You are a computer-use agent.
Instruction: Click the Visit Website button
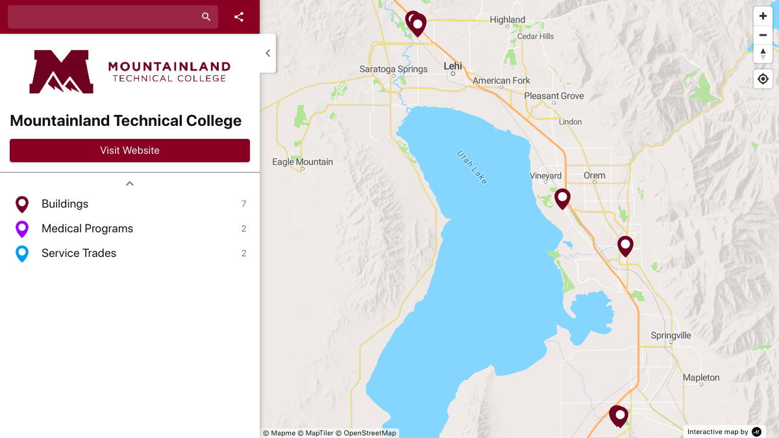tap(130, 151)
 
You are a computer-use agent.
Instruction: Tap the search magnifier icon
tap(206, 17)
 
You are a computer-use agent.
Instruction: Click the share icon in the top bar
tap(239, 17)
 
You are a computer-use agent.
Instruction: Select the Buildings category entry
tap(65, 204)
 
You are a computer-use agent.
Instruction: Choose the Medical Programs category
tap(87, 228)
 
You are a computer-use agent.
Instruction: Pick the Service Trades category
tap(79, 253)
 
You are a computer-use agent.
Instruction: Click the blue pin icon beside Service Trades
tap(22, 253)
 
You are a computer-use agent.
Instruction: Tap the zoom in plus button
tap(763, 16)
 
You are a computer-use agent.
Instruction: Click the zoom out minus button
tap(763, 35)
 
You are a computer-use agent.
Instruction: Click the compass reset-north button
tap(763, 54)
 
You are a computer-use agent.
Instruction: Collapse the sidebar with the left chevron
tap(268, 53)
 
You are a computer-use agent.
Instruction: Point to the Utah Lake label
tap(472, 167)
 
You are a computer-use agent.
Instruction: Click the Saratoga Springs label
tap(393, 69)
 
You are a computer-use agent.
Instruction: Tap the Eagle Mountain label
tap(303, 162)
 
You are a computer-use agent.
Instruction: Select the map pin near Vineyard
tap(562, 198)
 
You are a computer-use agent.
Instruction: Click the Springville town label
tap(671, 335)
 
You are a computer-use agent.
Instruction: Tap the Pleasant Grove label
tap(554, 96)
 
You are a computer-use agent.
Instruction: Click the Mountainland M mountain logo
tap(61, 72)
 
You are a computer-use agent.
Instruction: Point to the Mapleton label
tap(701, 378)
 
